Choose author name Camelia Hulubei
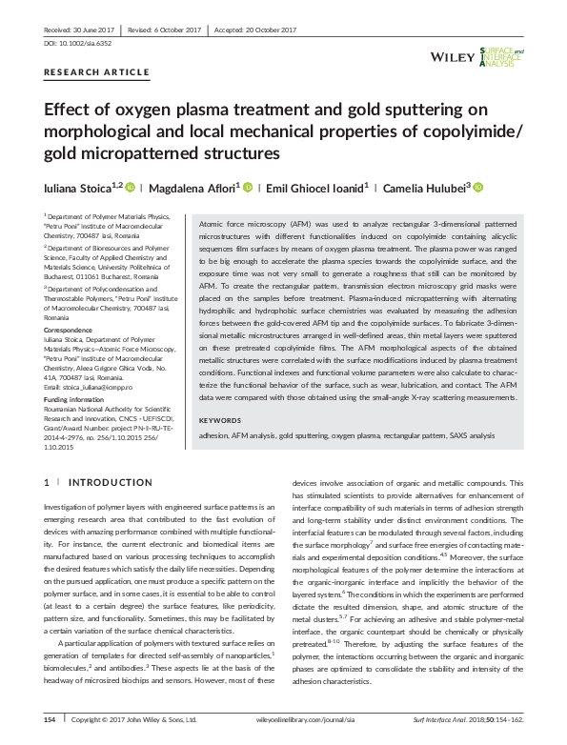click(x=424, y=188)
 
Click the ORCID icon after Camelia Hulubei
click(x=478, y=188)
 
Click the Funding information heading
click(x=75, y=400)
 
